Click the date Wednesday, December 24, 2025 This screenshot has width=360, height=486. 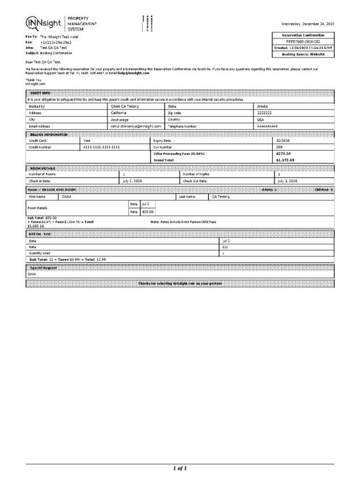[x=307, y=23]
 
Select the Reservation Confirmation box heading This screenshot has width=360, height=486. [x=303, y=35]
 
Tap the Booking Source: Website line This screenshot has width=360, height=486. [x=303, y=54]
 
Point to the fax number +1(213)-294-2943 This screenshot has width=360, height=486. [x=56, y=42]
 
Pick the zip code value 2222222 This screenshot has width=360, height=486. [x=265, y=113]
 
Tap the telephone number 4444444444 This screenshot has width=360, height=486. [x=267, y=126]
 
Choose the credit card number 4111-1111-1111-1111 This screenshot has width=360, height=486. [x=101, y=147]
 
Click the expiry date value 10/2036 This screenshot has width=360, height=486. [x=283, y=140]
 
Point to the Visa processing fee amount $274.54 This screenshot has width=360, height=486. [x=283, y=154]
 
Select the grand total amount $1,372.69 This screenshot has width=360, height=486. [x=285, y=160]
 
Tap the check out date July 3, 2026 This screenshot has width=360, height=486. [x=286, y=180]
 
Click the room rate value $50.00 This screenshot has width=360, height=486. [x=147, y=212]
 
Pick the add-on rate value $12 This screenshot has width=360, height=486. [x=225, y=247]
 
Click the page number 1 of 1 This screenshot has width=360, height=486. [x=180, y=468]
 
